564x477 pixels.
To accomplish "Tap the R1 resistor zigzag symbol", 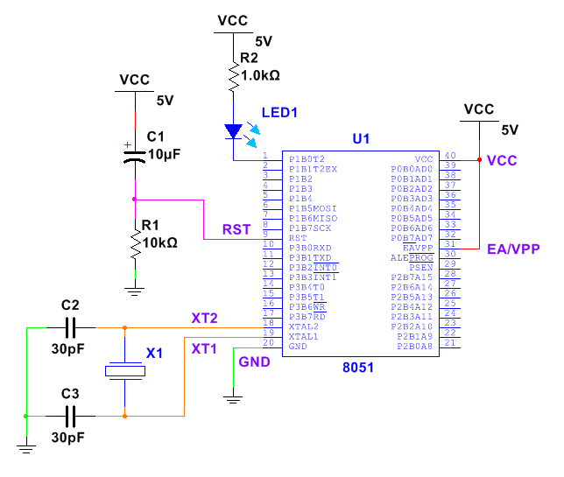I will click(x=134, y=245).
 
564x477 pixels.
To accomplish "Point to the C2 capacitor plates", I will click(x=73, y=328).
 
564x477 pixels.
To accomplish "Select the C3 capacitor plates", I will click(x=73, y=416).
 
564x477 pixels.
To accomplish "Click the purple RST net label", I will click(x=236, y=230).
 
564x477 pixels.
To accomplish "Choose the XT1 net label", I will click(x=205, y=348).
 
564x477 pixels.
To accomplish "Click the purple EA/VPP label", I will click(x=513, y=249).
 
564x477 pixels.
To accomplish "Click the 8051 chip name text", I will click(x=358, y=368).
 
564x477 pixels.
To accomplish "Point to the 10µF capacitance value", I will click(x=165, y=154).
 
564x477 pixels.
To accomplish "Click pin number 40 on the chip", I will click(x=450, y=156).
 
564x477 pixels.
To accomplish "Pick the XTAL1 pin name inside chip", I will click(x=304, y=336).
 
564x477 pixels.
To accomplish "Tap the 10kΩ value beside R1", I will click(x=159, y=242).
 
